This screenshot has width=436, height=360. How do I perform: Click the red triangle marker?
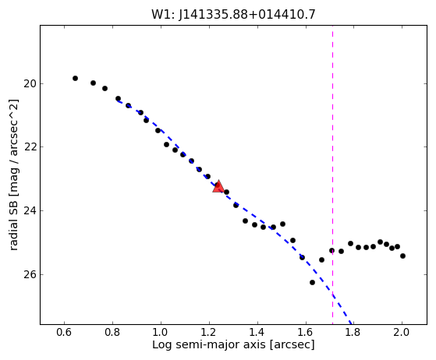tap(218, 187)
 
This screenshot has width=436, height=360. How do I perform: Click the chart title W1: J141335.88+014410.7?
tap(233, 15)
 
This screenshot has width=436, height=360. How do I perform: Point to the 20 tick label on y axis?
tap(30, 83)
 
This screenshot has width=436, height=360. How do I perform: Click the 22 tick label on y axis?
tap(30, 147)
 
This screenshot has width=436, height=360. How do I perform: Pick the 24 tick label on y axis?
tap(30, 211)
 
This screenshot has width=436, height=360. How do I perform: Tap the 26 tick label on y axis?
tap(30, 275)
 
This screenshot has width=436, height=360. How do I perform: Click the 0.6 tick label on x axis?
tap(64, 332)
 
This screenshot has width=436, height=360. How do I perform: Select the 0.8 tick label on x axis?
tap(112, 332)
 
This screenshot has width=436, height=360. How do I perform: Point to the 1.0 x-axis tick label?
tap(161, 332)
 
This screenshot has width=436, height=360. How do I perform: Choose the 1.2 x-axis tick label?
tap(209, 332)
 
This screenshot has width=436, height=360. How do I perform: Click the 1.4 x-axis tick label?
tap(257, 332)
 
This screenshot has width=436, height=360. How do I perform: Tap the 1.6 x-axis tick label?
tap(306, 332)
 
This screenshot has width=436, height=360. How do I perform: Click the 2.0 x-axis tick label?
tap(402, 332)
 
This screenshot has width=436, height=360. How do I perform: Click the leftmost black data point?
tap(75, 79)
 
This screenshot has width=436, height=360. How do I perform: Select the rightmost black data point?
tap(402, 256)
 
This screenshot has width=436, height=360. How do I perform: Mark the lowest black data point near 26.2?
tap(312, 283)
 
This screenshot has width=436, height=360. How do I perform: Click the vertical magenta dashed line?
tap(332, 175)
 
